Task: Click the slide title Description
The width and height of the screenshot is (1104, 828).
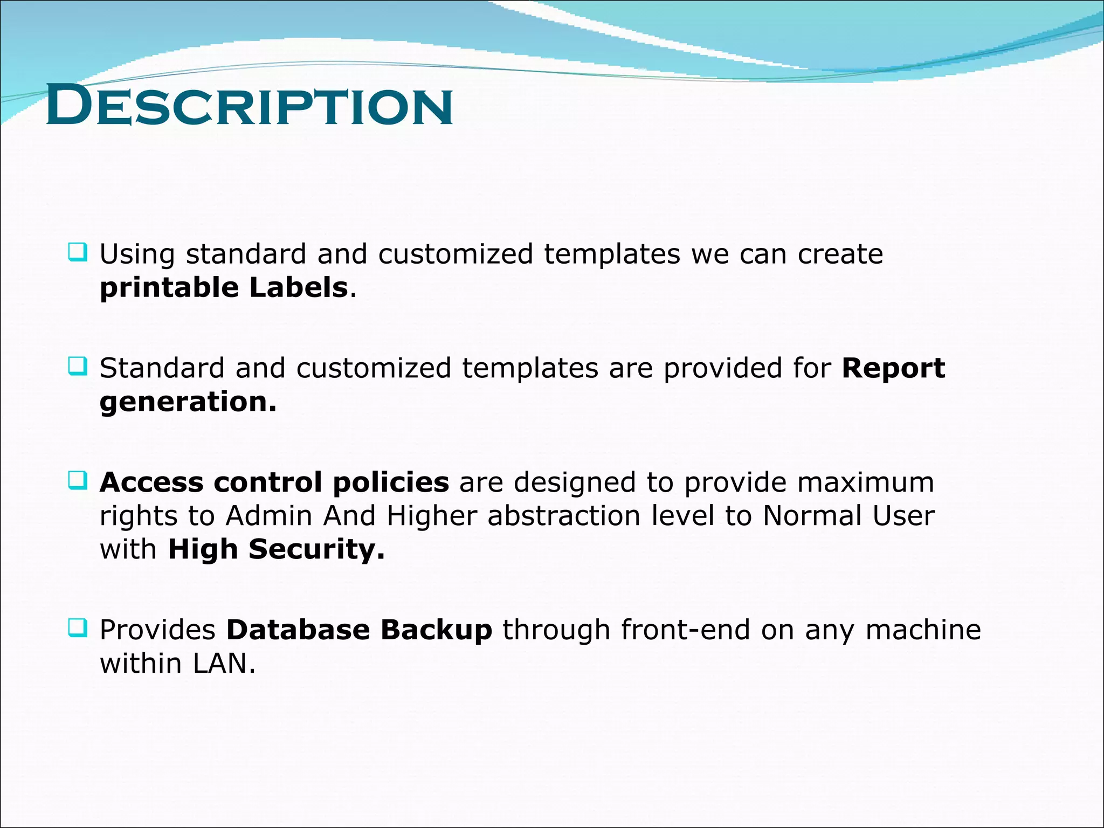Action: click(249, 106)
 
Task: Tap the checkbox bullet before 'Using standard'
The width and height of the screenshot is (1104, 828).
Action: click(78, 252)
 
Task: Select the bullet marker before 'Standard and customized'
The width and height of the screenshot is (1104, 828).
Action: click(78, 367)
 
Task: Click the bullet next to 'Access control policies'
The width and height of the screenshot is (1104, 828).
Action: click(78, 480)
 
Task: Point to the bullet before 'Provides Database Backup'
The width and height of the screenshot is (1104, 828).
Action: click(78, 627)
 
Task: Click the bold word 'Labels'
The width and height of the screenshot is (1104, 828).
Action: click(298, 287)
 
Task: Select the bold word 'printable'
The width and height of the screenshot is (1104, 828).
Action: click(169, 288)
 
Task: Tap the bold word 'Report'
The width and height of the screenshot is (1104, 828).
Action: click(893, 368)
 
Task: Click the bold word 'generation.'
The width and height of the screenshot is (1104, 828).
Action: click(188, 402)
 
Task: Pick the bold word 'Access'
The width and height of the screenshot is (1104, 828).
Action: click(151, 482)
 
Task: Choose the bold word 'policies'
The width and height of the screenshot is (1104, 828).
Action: click(390, 482)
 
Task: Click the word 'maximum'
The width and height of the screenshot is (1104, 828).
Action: click(865, 482)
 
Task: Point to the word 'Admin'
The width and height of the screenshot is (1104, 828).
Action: click(269, 516)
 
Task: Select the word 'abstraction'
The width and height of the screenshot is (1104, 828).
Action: click(564, 516)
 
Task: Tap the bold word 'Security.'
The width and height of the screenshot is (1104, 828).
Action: click(316, 550)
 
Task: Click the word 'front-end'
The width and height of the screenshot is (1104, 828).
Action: click(685, 630)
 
